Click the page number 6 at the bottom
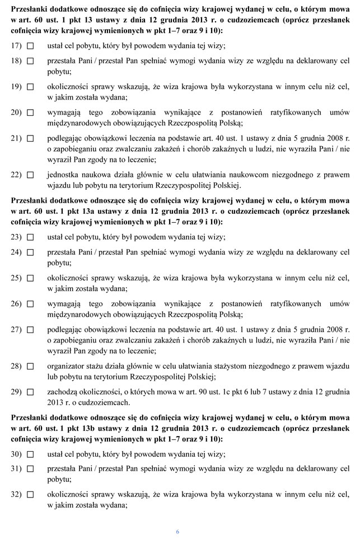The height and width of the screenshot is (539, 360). (177, 531)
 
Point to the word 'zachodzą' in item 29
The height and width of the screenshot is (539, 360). (63, 392)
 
